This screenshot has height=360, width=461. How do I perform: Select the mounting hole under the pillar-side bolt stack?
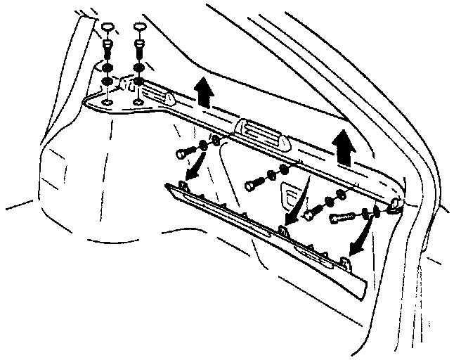[106, 104]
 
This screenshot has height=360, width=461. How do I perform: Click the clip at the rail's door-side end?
[396, 205]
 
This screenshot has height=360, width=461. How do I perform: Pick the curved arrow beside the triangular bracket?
[299, 205]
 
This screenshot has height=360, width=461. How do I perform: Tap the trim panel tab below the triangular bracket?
[283, 229]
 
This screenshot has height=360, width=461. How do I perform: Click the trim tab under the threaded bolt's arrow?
[345, 261]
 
